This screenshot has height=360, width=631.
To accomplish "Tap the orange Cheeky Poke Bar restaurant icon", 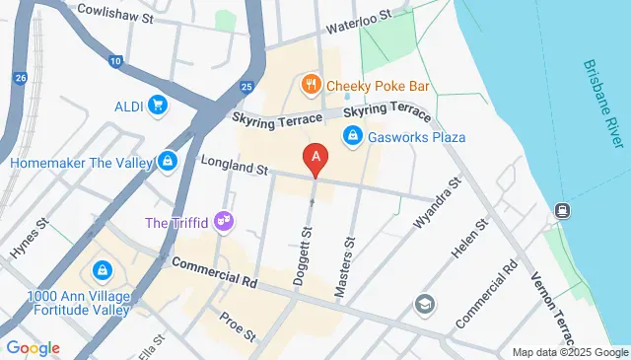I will [x=310, y=84].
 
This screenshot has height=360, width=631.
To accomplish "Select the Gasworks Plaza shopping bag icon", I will [x=350, y=136].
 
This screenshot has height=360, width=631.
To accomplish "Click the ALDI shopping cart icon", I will [x=157, y=104].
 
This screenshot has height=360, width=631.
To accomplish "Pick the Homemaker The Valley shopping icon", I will [x=169, y=161].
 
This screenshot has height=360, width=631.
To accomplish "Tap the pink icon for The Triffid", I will [x=225, y=220].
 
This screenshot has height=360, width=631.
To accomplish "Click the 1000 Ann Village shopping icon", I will [x=102, y=268].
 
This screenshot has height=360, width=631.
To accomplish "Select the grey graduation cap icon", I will [x=425, y=302].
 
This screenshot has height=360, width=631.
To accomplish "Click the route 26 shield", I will [x=21, y=77].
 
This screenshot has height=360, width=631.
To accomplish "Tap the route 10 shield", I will [x=116, y=62].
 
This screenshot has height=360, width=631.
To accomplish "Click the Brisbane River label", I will [x=602, y=105].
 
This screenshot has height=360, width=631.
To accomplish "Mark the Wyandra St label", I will [x=437, y=204].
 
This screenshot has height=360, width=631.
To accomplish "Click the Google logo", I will [x=33, y=347].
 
